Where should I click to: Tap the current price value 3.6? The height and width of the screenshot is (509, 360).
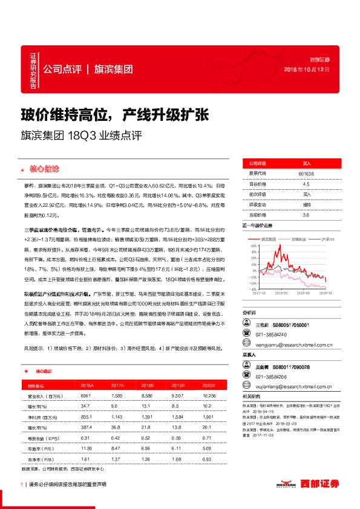coord(306,215)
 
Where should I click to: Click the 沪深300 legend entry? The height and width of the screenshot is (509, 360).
coord(328,239)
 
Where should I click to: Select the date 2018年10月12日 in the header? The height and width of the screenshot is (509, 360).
coord(307,70)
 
